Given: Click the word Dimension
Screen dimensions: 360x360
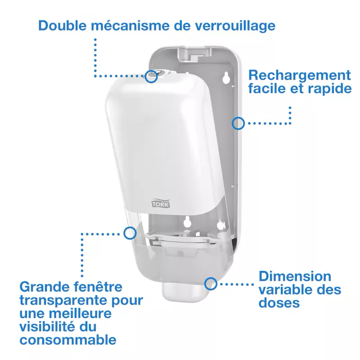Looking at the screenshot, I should pyautogui.click(x=295, y=276).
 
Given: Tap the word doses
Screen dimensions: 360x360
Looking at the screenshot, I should pyautogui.click(x=279, y=303).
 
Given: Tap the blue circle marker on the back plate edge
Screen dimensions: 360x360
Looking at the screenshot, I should pyautogui.click(x=238, y=121).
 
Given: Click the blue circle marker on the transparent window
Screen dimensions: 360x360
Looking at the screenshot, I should pyautogui.click(x=130, y=233).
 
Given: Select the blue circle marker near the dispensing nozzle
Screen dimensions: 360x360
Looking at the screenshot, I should pyautogui.click(x=210, y=283).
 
